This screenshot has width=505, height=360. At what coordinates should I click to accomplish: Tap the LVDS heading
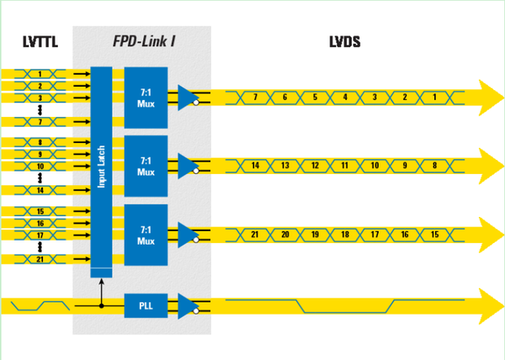click(346, 40)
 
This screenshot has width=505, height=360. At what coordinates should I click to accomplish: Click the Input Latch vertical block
click(101, 168)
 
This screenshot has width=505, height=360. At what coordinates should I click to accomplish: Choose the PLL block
click(145, 304)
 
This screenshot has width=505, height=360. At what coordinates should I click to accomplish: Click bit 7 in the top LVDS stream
click(255, 98)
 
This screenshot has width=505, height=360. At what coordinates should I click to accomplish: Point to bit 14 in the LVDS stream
click(255, 166)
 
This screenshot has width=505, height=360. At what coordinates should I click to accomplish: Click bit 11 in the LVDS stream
click(345, 166)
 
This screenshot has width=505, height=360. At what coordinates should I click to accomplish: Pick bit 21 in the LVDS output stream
click(255, 234)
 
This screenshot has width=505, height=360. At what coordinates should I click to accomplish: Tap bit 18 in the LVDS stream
click(345, 234)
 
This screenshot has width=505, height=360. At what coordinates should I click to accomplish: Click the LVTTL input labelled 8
click(40, 143)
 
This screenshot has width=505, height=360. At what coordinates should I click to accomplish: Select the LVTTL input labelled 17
click(40, 236)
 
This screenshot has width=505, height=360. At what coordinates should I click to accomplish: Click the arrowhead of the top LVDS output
click(488, 98)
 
